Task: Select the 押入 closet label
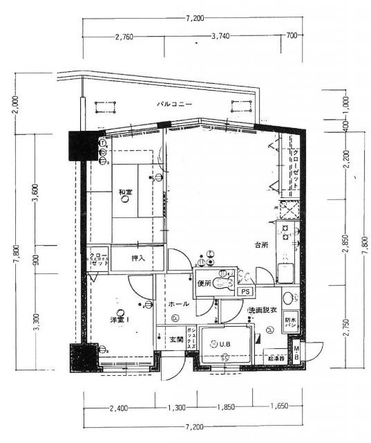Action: [139, 258]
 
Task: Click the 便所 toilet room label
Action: [203, 283]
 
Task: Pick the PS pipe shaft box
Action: [245, 291]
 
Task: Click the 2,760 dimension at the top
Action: [124, 35]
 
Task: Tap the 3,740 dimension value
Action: [220, 35]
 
